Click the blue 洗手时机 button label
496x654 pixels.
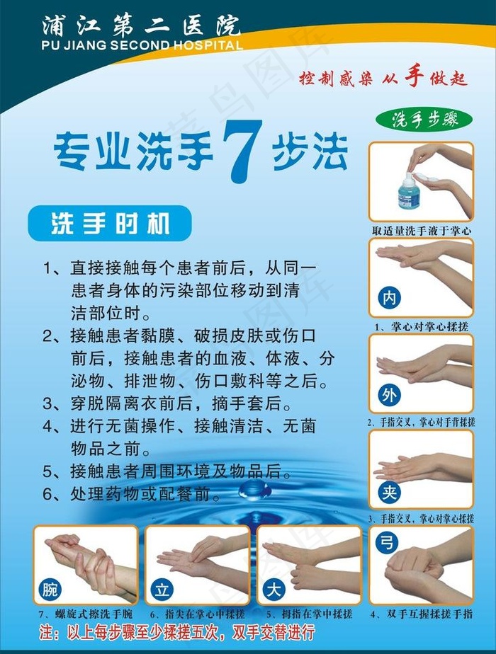pos(110,224)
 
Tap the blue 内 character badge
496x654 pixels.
pos(388,299)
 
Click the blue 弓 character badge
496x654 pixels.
pos(387,543)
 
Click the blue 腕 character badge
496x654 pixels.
pos(50,587)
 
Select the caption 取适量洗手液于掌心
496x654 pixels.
pos(421,231)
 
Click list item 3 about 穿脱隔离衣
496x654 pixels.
pos(167,404)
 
